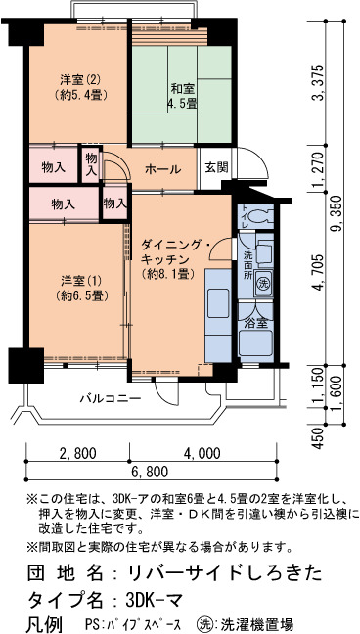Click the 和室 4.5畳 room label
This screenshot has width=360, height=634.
pyautogui.click(x=183, y=96)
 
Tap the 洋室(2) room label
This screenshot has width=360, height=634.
pyautogui.click(x=80, y=87)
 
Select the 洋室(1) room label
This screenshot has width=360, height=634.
pyautogui.click(x=80, y=288)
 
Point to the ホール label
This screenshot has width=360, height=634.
pyautogui.click(x=162, y=169)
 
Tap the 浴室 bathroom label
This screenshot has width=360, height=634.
pyautogui.click(x=256, y=323)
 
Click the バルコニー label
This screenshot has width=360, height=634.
pyautogui.click(x=111, y=398)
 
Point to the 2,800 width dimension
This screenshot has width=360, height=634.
pyautogui.click(x=78, y=453)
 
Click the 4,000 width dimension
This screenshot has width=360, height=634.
pyautogui.click(x=202, y=453)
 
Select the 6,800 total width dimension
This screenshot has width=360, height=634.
pyautogui.click(x=150, y=472)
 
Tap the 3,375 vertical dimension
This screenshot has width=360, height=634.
pyautogui.click(x=320, y=82)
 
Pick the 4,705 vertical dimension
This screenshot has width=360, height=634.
pyautogui.click(x=320, y=272)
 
